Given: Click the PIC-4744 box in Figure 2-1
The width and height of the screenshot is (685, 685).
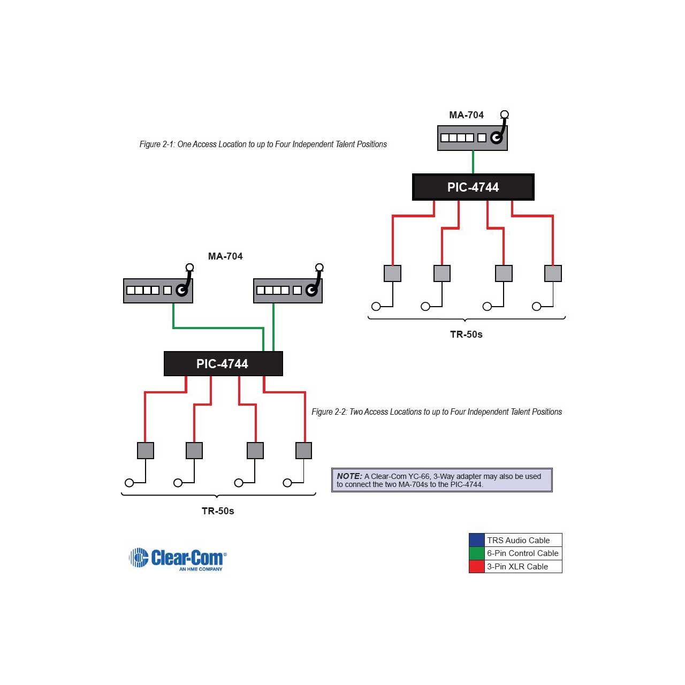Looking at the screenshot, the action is click(473, 187).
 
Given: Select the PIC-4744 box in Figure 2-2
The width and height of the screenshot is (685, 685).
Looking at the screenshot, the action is click(223, 363).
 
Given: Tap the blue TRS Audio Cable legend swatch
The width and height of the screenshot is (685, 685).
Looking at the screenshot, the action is click(476, 540).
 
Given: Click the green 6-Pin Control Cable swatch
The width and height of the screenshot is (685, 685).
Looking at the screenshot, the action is click(476, 553).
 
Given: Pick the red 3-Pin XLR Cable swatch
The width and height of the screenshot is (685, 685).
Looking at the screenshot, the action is click(476, 566).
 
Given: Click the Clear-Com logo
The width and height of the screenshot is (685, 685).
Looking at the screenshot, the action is click(178, 559).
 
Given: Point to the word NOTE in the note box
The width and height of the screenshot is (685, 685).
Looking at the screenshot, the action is click(349, 476).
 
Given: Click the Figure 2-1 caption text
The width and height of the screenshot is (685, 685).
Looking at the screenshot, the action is click(263, 144).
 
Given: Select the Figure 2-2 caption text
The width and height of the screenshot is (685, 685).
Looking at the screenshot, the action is click(437, 412).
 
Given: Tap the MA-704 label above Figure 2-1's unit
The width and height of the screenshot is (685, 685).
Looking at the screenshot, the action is click(466, 115).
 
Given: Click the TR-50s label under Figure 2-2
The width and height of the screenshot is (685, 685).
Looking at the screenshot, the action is click(218, 511).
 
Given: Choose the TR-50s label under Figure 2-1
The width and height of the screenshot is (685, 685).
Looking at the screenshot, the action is click(466, 334).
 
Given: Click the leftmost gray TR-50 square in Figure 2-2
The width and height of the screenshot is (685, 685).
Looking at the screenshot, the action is click(146, 451).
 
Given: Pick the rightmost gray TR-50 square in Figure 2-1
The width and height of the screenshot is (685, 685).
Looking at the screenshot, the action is click(553, 273).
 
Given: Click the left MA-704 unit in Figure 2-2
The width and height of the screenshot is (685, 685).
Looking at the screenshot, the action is click(158, 291).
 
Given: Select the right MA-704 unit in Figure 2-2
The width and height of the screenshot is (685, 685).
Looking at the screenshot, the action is click(287, 291).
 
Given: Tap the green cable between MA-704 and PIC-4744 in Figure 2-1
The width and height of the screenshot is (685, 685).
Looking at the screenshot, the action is click(473, 162).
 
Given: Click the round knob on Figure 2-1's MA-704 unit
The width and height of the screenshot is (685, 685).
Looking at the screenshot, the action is click(496, 138).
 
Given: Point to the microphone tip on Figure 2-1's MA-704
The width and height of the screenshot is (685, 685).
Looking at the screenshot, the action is click(505, 115).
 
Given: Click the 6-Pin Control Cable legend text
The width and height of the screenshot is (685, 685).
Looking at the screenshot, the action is click(522, 553).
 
